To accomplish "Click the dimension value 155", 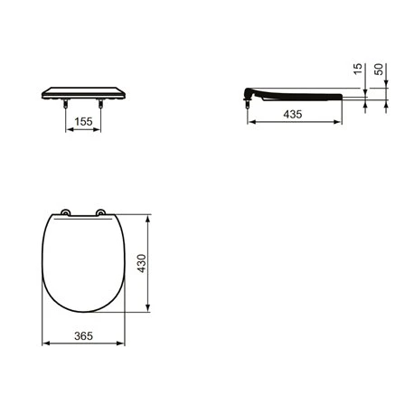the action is point(83,122).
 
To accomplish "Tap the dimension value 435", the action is point(292,114).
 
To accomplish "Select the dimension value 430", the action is point(142,263).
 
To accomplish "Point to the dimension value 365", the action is point(83,336).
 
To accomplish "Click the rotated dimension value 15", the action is point(357,69).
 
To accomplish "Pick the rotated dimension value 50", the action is point(379,69).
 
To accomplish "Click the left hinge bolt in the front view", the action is point(66,103).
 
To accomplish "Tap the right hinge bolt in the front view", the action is point(100,103).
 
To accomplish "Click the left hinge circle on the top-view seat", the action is point(65,212).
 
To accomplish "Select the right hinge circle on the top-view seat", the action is point(100,212).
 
